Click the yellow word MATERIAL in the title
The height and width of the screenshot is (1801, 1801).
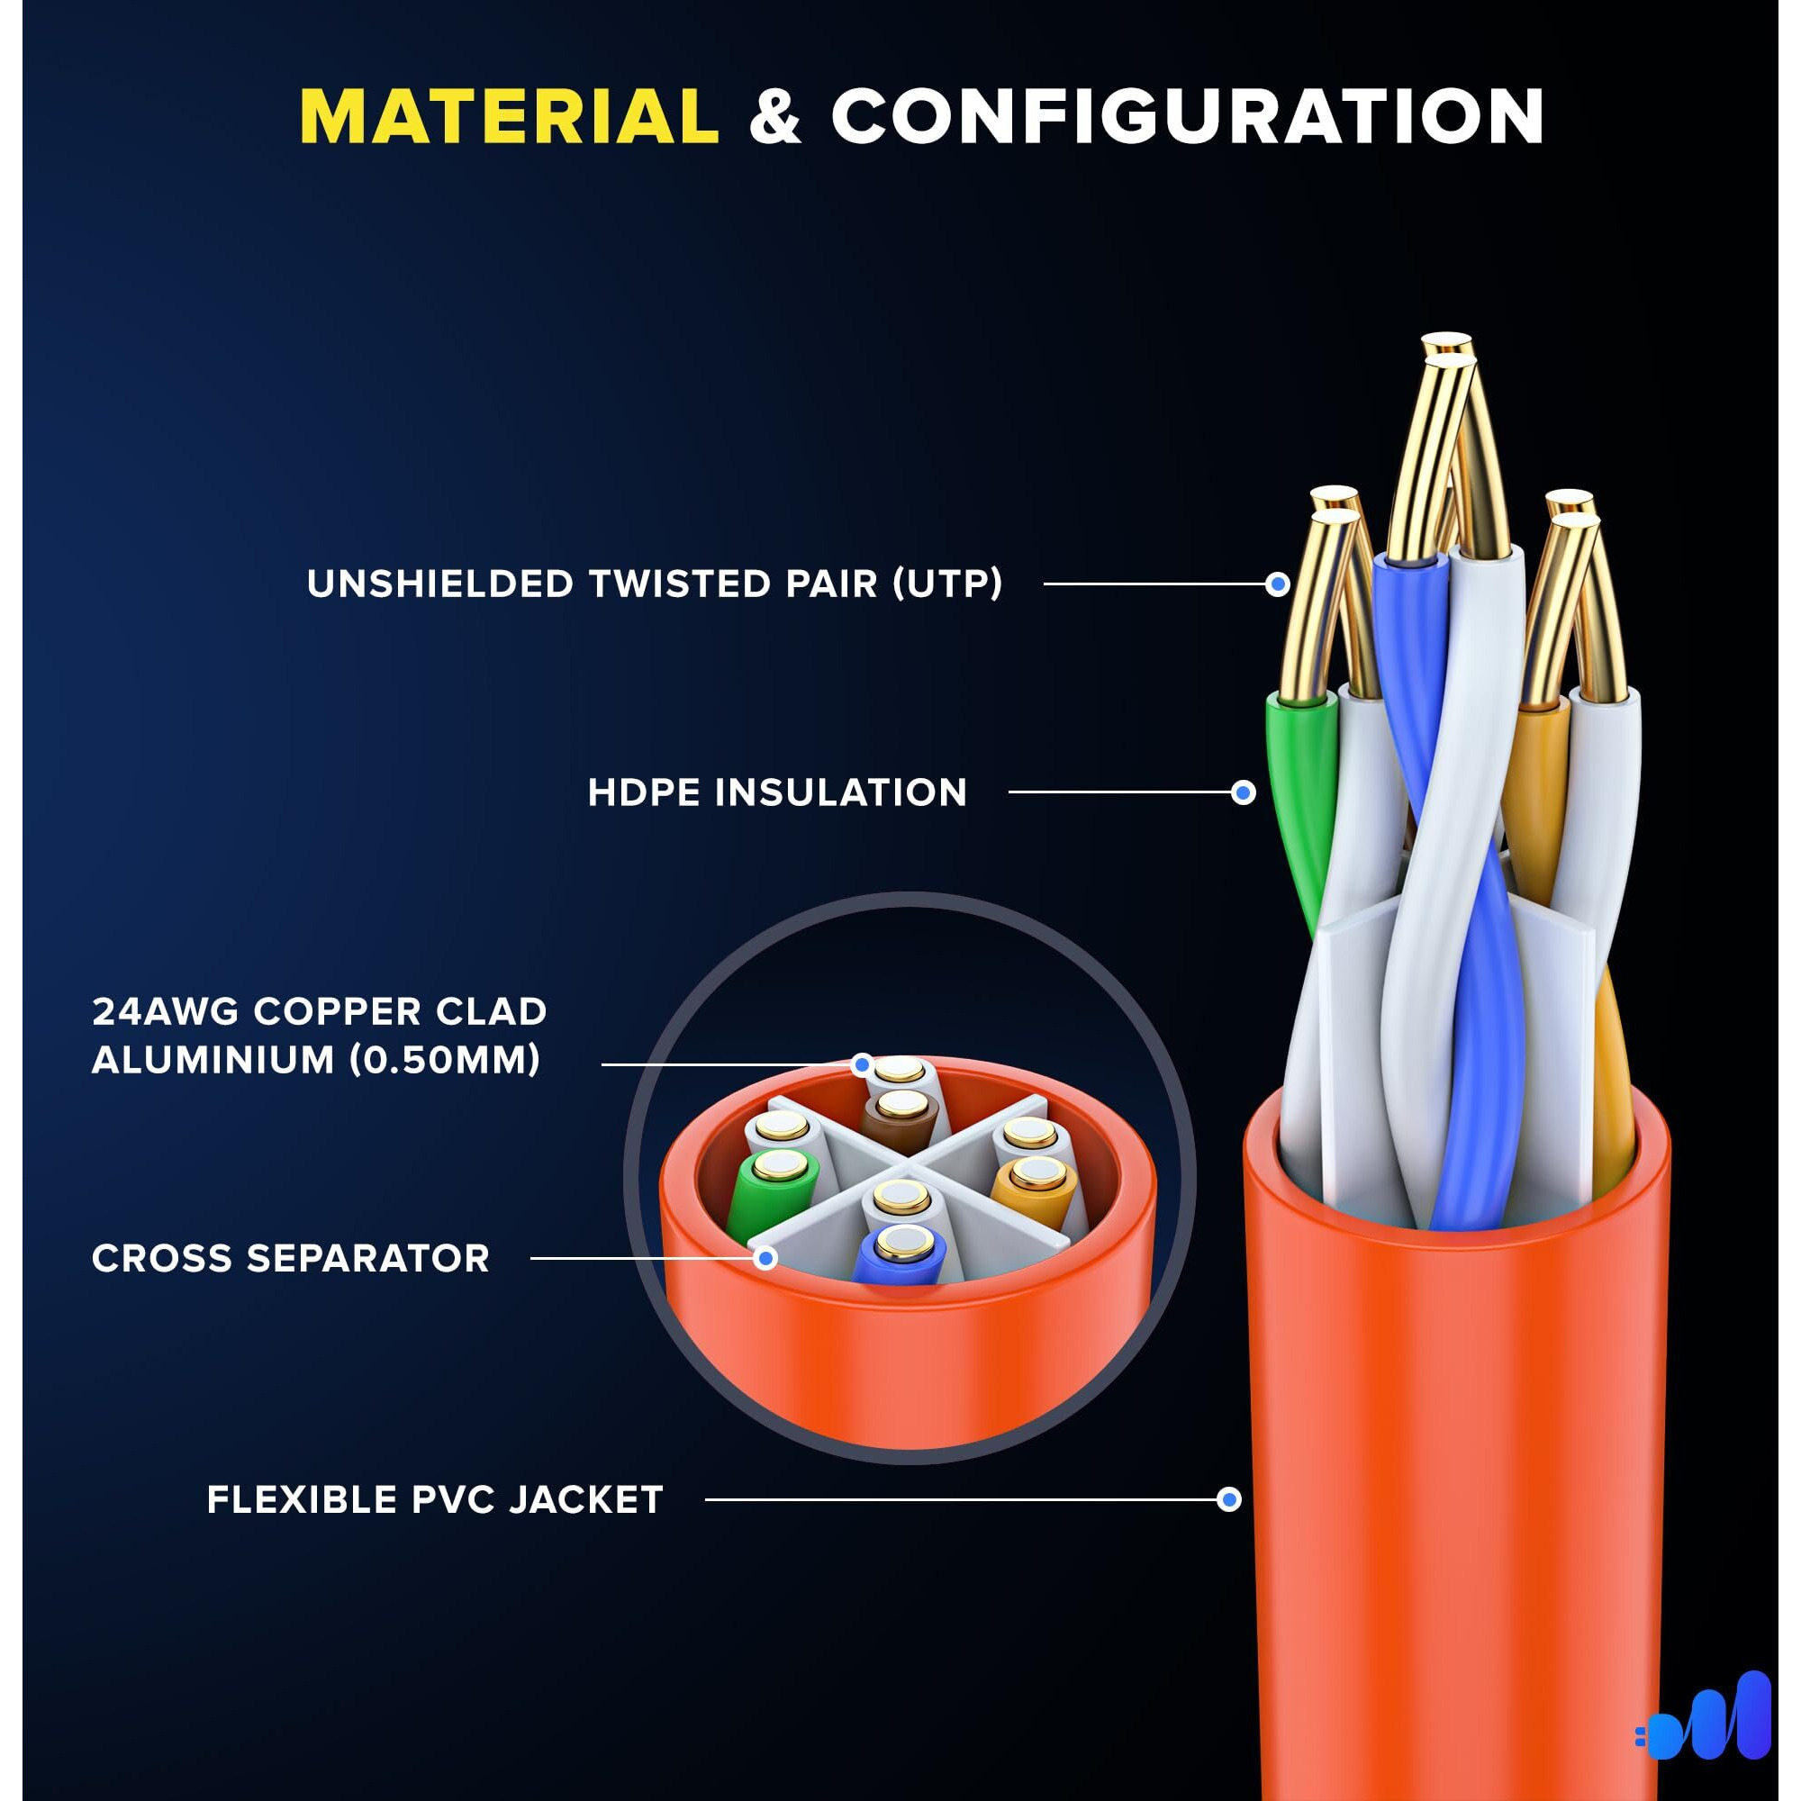509,116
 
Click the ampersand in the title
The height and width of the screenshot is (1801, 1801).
774,118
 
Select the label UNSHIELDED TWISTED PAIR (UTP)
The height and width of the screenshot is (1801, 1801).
655,584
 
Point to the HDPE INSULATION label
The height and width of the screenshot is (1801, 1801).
777,792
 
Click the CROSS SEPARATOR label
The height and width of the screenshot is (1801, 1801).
291,1259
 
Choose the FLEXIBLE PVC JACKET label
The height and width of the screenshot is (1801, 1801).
435,1500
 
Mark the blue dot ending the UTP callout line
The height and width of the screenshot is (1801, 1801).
1278,584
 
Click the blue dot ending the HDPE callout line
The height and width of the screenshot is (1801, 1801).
1243,792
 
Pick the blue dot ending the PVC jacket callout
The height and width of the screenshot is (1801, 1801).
1229,1500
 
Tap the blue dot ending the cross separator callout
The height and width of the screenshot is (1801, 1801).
765,1259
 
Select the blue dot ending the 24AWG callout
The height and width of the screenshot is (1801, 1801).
863,1063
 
